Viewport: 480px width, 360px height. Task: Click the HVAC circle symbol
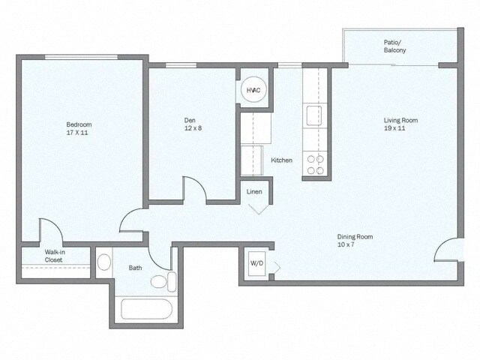coord(253,91)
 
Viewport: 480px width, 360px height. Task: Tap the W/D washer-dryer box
coord(256,264)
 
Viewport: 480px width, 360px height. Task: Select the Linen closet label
coord(254,192)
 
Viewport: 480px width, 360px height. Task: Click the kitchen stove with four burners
coord(314,164)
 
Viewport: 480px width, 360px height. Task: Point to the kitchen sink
coord(313,115)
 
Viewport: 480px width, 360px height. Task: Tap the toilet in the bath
coord(163,282)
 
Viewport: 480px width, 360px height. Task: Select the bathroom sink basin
coord(104,262)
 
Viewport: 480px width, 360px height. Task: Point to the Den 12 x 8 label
coord(193,124)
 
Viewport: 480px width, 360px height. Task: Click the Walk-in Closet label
coord(53,256)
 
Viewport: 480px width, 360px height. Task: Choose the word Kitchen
coord(281,160)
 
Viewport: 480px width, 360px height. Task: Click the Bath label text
coord(135,267)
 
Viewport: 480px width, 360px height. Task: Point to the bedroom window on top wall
coord(80,57)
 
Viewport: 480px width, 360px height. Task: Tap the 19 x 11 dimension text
coord(400,128)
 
